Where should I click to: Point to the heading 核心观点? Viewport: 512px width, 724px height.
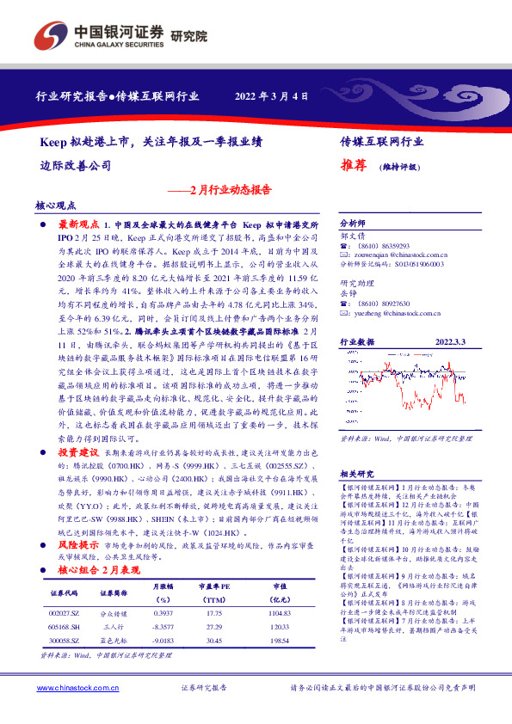pos(56,206)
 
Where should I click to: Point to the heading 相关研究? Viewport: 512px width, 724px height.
pos(355,475)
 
